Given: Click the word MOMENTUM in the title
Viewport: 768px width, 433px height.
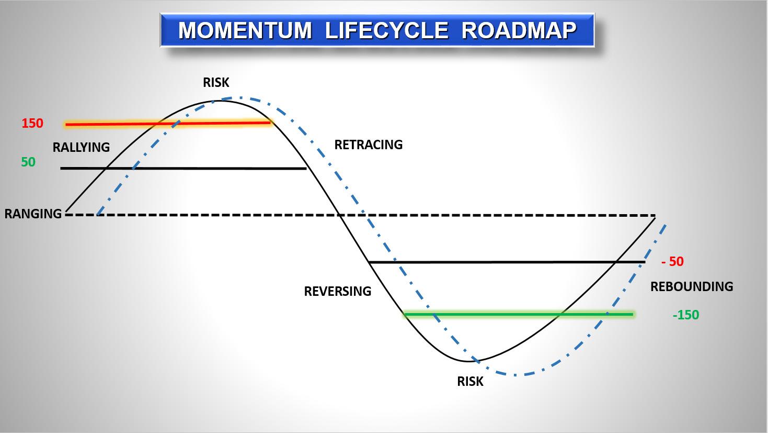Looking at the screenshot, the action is click(x=245, y=30).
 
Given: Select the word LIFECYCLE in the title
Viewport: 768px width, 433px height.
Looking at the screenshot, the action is click(x=386, y=30).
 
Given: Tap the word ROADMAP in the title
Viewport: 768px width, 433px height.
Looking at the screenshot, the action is click(x=519, y=30).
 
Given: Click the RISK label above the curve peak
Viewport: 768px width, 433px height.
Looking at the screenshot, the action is click(x=216, y=82).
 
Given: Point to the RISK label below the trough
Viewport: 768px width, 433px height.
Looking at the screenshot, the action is click(x=470, y=382).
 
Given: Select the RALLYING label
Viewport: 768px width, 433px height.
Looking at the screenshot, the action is click(x=81, y=147).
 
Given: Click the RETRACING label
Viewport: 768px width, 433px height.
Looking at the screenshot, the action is click(x=368, y=145).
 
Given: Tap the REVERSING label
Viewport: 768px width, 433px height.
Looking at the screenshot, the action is click(x=337, y=291).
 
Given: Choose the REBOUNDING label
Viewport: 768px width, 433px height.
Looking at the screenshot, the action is click(x=692, y=286).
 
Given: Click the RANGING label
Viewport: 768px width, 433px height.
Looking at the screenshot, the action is click(x=33, y=214).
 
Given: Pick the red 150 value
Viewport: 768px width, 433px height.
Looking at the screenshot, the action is click(x=32, y=123).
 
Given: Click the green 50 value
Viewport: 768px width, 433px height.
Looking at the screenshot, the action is click(x=28, y=162).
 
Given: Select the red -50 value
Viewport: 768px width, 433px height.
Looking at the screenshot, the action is click(x=672, y=262).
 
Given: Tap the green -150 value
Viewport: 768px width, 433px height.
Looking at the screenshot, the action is click(x=686, y=315).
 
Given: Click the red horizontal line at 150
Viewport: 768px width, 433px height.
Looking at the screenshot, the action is click(x=168, y=123).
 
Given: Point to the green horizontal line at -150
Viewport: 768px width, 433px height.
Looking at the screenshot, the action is click(x=519, y=314).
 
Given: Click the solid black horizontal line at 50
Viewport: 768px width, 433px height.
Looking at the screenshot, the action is click(x=184, y=168).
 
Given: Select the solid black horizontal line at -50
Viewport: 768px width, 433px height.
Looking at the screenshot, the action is click(x=507, y=262).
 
